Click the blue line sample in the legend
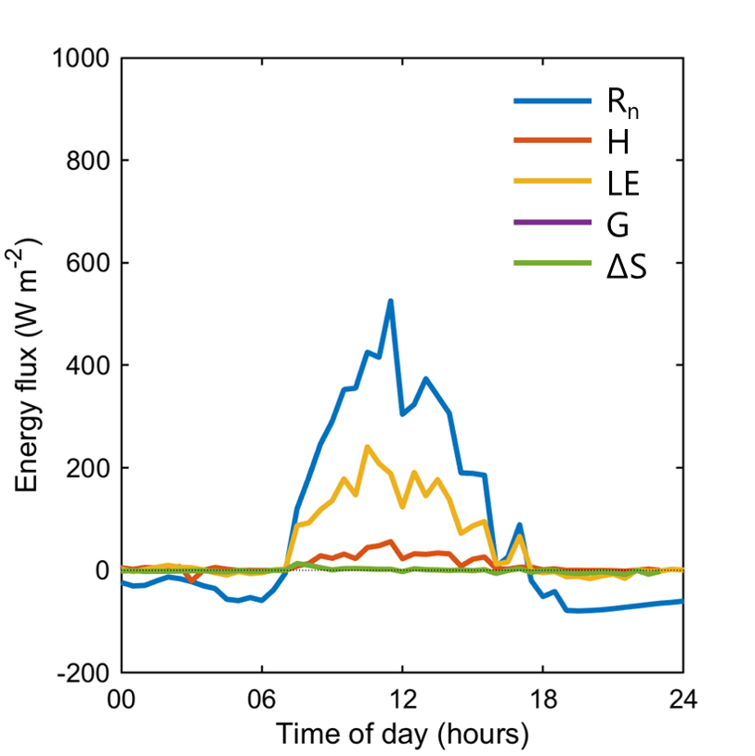[x=552, y=102]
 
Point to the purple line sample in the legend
[x=552, y=222]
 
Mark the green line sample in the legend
[x=552, y=263]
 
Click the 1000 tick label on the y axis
[x=82, y=59]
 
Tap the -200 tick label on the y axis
[x=85, y=672]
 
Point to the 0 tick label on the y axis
[x=103, y=570]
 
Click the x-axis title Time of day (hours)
[x=402, y=735]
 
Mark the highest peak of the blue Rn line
[x=390, y=301]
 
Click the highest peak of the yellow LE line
[x=368, y=447]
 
